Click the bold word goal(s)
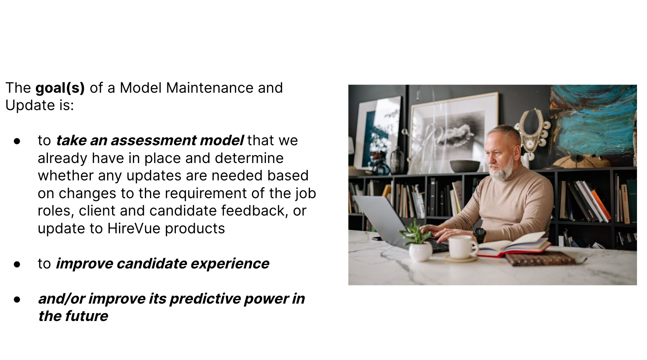pos(60,88)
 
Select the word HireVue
pos(134,228)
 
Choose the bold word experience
pos(230,263)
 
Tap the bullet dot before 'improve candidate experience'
pos(17,265)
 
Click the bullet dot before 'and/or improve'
pos(17,300)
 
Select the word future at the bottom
pos(87,316)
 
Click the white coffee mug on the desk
pos(462,247)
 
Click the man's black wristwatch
pos(479,234)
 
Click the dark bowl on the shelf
pos(465,166)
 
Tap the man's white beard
pos(502,170)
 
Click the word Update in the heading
pos(30,105)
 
